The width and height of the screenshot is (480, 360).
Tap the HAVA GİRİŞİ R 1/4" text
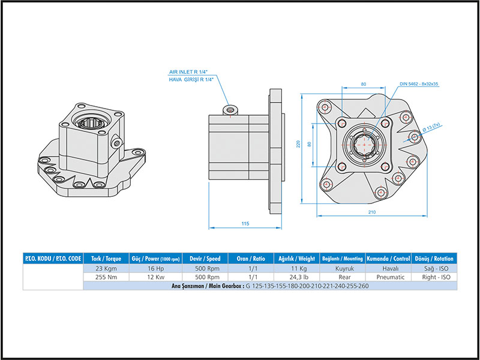tap(191, 79)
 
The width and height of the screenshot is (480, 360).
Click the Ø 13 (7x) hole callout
tap(432, 128)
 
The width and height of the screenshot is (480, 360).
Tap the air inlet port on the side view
tap(229, 109)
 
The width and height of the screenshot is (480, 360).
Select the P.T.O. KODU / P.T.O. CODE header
tap(53, 259)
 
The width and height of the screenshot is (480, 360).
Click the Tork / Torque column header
tap(106, 259)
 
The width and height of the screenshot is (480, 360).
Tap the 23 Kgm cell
tap(106, 269)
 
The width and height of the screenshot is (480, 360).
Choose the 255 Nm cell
tap(106, 277)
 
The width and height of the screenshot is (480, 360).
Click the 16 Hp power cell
tap(154, 269)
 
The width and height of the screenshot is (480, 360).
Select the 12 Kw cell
tap(154, 277)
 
